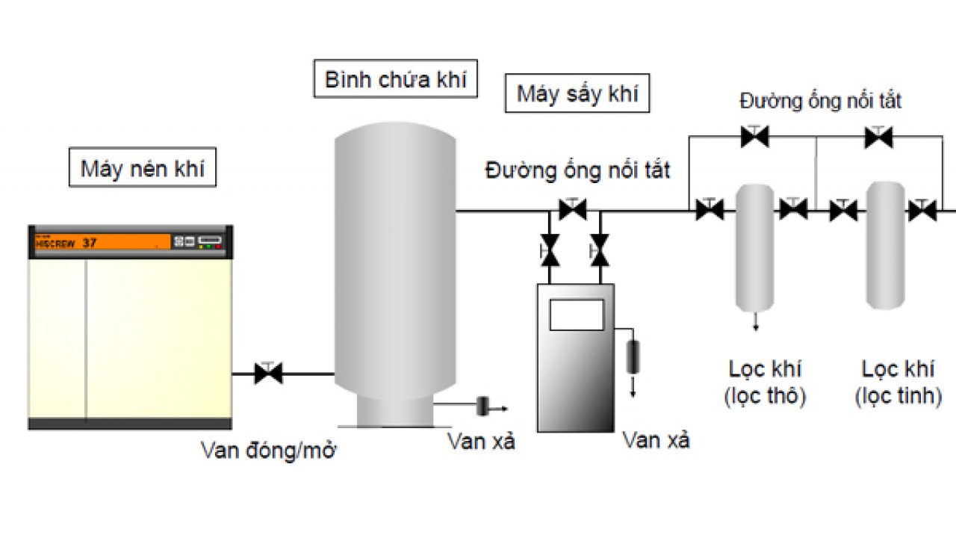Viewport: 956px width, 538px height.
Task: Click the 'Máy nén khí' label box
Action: (142, 168)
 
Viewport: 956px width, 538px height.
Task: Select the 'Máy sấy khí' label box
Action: (577, 94)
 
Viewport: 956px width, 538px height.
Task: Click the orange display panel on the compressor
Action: (101, 242)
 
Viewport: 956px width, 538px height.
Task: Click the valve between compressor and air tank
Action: (268, 373)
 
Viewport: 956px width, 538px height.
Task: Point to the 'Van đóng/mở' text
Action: (265, 451)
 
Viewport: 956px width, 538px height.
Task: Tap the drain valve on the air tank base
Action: (482, 407)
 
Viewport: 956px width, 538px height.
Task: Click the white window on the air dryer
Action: (576, 314)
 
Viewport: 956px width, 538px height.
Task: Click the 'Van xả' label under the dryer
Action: (657, 439)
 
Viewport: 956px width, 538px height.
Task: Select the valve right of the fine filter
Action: (922, 211)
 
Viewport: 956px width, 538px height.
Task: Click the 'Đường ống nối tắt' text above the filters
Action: (820, 100)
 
